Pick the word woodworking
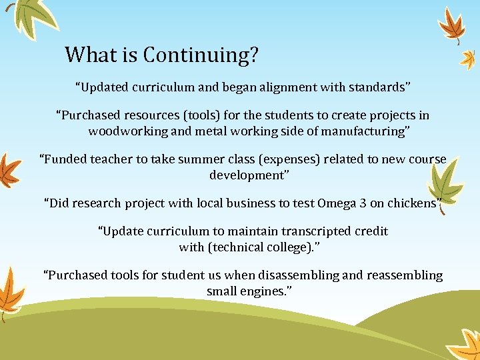pyautogui.click(x=128, y=131)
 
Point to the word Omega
pyautogui.click(x=338, y=203)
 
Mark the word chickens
pyautogui.click(x=410, y=203)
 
